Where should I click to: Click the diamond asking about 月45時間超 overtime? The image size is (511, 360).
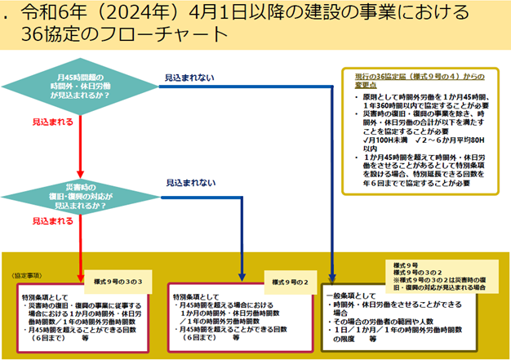pyautogui.click(x=79, y=85)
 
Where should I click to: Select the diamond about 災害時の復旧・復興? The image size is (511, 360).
pyautogui.click(x=79, y=197)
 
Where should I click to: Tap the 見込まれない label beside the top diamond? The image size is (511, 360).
pyautogui.click(x=190, y=78)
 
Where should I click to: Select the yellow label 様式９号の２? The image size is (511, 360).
pyautogui.click(x=286, y=280)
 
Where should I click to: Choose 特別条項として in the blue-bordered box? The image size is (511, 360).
pyautogui.click(x=195, y=296)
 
